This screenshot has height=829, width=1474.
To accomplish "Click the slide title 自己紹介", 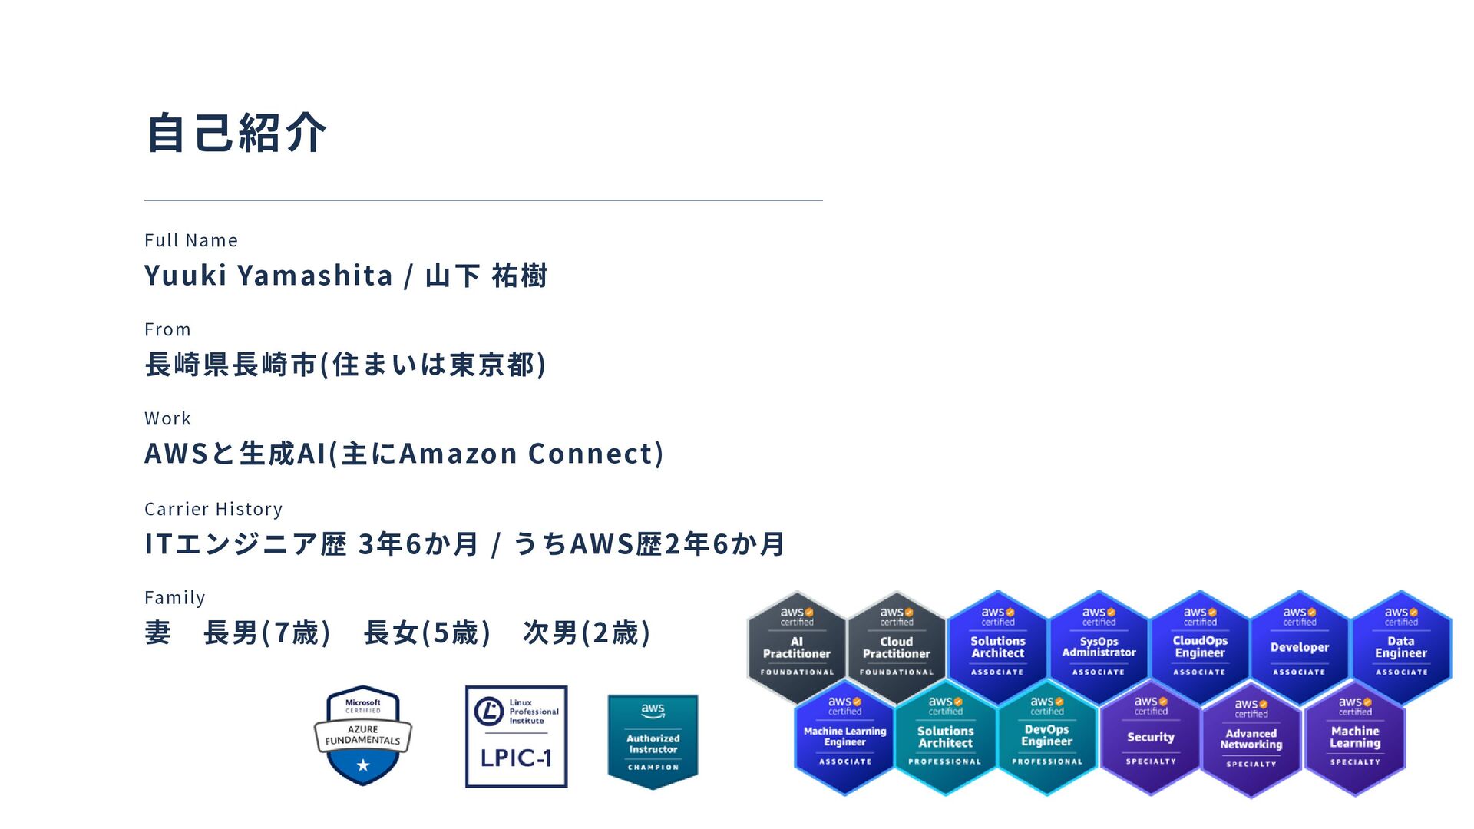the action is (236, 133).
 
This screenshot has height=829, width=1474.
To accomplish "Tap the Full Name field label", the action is (191, 240).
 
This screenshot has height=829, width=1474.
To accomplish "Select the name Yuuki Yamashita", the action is (268, 276).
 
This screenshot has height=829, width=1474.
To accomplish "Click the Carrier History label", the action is (213, 509).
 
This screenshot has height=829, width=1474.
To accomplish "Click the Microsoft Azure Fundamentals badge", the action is (363, 735).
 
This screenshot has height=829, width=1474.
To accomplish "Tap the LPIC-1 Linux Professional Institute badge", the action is (516, 736).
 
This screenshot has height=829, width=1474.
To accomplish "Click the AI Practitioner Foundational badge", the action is (797, 647).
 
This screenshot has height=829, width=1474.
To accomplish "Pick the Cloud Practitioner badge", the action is (896, 647).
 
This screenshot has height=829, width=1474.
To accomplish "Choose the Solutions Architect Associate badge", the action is (997, 647).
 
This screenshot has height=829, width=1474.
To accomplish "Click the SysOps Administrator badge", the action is (1099, 647).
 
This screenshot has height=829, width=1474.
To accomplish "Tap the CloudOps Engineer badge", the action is (1200, 647).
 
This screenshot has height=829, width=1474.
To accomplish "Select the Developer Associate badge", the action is (1300, 647).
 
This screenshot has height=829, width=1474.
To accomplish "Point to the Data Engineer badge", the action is (1401, 647).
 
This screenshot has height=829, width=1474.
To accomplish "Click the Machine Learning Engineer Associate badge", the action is (844, 737).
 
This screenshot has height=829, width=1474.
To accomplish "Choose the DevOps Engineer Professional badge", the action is (1047, 737).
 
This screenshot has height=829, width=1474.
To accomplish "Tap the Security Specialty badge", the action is (1150, 737).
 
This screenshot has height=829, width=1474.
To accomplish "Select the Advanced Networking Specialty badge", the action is (1251, 738).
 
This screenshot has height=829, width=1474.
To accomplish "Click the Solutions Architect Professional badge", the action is (946, 737).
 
